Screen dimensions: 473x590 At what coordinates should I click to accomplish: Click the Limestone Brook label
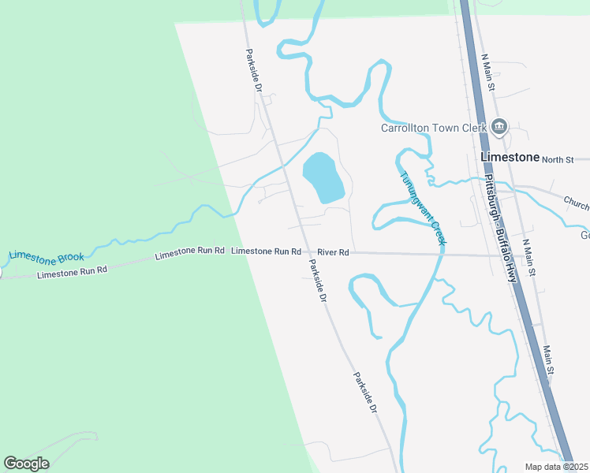coord(47,256)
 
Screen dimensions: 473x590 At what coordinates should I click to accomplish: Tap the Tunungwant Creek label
coord(422,207)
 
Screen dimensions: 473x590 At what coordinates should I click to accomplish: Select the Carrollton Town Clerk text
coord(435,128)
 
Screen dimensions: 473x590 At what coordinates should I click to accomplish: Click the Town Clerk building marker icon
coord(499,126)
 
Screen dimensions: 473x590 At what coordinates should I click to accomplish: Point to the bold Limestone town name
coord(510,157)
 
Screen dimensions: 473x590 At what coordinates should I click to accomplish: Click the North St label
coord(558,159)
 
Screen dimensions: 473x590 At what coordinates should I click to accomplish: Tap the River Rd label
coord(333,252)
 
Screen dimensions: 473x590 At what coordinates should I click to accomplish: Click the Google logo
coord(27,464)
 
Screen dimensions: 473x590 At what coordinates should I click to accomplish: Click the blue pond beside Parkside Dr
coord(323,177)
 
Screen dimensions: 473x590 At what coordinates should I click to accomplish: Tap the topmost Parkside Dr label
coord(252,71)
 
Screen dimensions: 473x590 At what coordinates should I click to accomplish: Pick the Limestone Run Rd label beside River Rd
coord(266,251)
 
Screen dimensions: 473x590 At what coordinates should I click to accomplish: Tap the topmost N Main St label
coord(486,72)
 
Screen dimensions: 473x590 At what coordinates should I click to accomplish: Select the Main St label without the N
coord(550,359)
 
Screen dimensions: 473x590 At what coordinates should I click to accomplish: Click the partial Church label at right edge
coord(577,206)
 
